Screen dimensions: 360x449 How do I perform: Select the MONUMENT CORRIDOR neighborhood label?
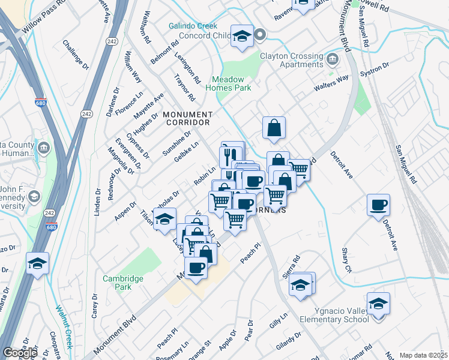pos(187,118)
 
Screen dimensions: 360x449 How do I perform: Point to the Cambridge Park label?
pos(122,283)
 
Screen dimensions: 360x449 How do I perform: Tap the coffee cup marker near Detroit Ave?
pos(379,206)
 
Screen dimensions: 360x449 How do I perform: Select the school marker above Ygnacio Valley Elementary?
pos(379,304)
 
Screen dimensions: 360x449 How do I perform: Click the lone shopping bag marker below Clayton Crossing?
pos(274,128)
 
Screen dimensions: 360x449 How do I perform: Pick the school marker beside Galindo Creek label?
pos(242,37)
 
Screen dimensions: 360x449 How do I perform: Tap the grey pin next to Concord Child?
pos(261,35)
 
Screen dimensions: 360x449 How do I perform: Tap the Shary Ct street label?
pos(346,260)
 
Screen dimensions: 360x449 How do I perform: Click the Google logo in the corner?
pos(20,353)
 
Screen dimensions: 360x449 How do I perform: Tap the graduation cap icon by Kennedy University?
pos(35,197)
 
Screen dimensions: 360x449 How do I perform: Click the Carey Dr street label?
pos(94,306)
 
